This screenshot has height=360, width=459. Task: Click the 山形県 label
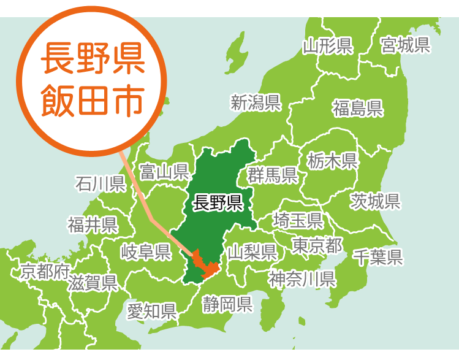(327, 45)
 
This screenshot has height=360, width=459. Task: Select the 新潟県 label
(256, 102)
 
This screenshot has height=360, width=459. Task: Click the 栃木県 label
(332, 161)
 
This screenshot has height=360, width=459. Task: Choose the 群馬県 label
(273, 176)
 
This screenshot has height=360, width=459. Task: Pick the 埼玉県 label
(298, 220)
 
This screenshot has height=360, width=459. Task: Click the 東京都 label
(317, 246)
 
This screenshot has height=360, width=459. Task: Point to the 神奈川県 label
(302, 280)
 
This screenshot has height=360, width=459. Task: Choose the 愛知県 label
(152, 311)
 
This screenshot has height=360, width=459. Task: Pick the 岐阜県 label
(145, 251)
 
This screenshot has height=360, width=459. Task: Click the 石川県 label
(100, 183)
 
